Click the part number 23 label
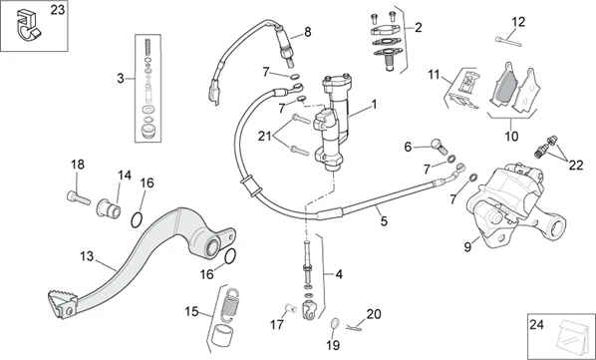(x=58, y=10)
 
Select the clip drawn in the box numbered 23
(x=27, y=26)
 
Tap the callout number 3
(x=121, y=79)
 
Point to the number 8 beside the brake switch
(x=308, y=32)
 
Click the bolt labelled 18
(x=79, y=197)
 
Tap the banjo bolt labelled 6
(x=440, y=147)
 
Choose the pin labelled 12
(x=508, y=41)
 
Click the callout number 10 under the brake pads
(x=511, y=136)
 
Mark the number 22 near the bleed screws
(x=576, y=166)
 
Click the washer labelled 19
(x=336, y=323)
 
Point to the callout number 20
(x=374, y=314)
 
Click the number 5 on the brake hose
(x=384, y=220)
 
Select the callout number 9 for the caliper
(x=467, y=247)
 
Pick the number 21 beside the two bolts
(x=264, y=136)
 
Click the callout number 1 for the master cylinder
(x=374, y=104)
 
